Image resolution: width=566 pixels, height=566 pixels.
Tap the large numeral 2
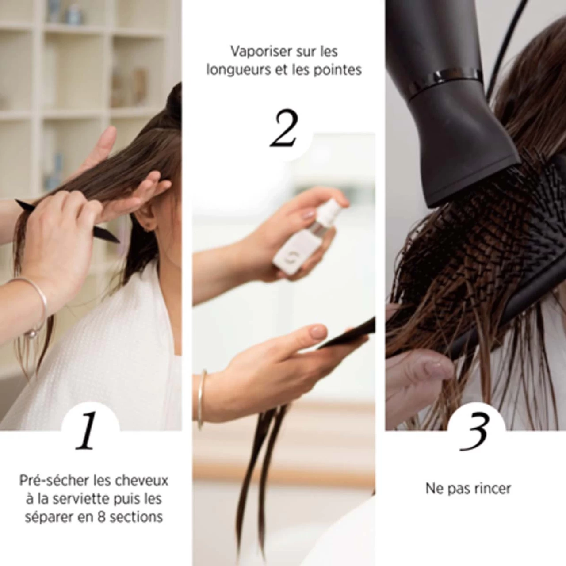284,128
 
